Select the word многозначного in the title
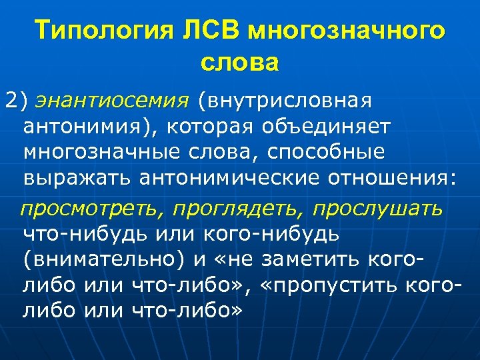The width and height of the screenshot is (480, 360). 345,31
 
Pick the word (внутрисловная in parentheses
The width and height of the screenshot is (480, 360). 284,101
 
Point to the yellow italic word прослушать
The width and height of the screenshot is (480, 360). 378,209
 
